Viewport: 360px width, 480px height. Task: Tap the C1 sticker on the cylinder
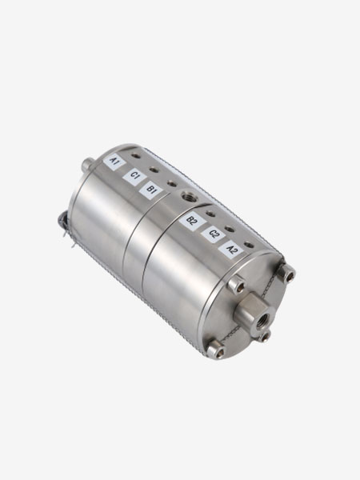(134, 177)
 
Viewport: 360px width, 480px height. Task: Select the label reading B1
(150, 190)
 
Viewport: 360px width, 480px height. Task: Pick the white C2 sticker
(214, 234)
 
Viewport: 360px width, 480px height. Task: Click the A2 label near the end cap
(232, 250)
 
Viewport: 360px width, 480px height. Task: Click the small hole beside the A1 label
(136, 156)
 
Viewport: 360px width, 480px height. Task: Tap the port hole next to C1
(154, 170)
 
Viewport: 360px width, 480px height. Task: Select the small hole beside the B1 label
(172, 184)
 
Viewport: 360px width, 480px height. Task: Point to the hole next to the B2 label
(210, 214)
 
